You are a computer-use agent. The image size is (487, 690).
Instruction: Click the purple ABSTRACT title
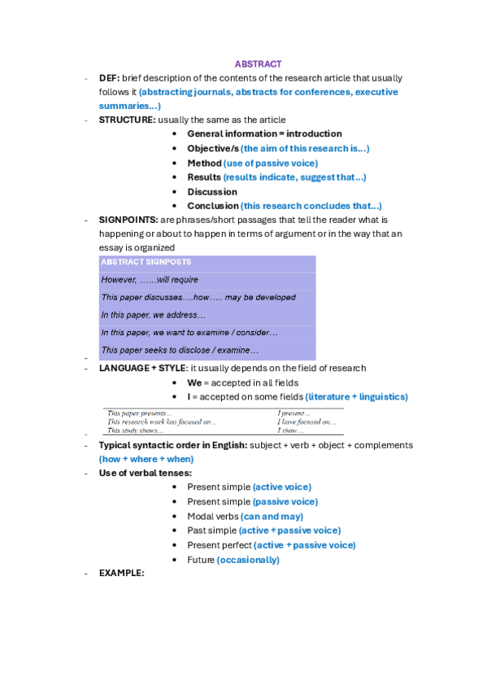coord(258,63)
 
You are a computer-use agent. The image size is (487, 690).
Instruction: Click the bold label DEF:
coord(110,78)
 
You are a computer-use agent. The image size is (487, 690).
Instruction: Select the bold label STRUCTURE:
coord(127,120)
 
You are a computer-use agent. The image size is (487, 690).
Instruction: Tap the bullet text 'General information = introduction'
coord(264,133)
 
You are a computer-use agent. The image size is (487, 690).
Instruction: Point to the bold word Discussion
coord(212,192)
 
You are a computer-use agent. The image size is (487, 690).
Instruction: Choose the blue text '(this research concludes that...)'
coord(311,206)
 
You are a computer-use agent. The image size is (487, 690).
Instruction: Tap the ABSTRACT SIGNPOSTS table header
coord(146,262)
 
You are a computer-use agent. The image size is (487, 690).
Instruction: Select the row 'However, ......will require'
coord(150,279)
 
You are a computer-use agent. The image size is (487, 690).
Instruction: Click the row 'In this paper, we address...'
coord(154,314)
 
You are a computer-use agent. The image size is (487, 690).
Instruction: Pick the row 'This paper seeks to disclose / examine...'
coord(180,350)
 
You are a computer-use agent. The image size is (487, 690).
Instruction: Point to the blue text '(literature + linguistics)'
coord(356,396)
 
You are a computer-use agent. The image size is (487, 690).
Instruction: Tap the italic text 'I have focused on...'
coord(307,421)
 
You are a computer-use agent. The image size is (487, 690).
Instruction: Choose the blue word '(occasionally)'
coord(248,560)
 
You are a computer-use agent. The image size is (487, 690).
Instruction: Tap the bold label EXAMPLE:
coord(121,573)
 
